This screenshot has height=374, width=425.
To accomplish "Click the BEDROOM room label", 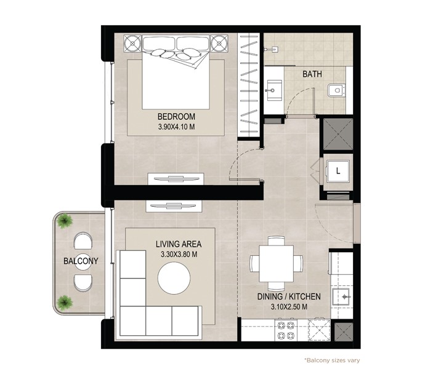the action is [176, 117].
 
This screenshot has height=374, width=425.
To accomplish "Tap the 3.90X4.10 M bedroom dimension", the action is [176, 127].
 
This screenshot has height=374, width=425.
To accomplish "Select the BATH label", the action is [312, 74].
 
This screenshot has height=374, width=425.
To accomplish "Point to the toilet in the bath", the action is [336, 90].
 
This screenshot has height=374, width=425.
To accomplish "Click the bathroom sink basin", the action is [274, 90].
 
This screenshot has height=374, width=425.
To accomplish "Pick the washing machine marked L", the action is [338, 171].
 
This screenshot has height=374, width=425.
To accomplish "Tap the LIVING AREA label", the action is [179, 244].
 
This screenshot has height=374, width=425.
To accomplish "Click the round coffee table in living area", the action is [174, 278].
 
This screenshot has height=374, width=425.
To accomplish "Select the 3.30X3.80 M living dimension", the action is [179, 255].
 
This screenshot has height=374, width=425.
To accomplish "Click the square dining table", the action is [276, 263].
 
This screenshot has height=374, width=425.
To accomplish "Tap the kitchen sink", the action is [341, 297].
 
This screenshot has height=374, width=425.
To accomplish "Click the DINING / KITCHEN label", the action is [289, 296].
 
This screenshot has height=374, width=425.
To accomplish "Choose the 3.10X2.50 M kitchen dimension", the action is [289, 307].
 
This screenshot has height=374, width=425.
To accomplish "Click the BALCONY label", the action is [81, 261].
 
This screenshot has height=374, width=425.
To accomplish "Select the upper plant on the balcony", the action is [65, 221].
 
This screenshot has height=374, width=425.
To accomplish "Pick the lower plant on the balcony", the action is [65, 303].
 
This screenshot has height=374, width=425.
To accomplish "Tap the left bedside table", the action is [132, 43].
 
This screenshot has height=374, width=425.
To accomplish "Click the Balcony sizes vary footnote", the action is [332, 360].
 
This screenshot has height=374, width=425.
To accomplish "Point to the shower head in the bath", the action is [271, 50].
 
